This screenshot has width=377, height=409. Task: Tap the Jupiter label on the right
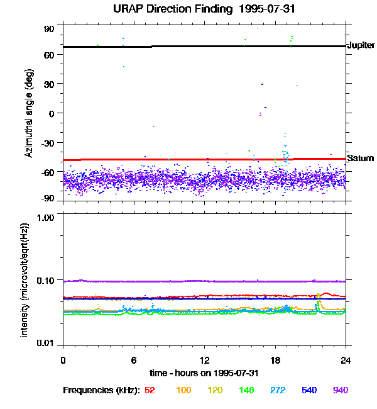(361, 45)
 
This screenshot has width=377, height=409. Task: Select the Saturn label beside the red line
(360, 158)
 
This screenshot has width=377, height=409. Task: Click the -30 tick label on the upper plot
(47, 142)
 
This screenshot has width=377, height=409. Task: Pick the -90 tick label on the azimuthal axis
(47, 198)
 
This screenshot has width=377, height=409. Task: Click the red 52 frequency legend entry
(150, 390)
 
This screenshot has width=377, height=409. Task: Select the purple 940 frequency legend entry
(340, 390)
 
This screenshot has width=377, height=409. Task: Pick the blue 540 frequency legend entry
(309, 390)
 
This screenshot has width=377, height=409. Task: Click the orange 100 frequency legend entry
(183, 390)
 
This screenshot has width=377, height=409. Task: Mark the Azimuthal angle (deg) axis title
(29, 113)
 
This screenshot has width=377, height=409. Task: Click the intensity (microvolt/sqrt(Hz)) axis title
(25, 279)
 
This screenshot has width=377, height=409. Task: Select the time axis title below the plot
(204, 373)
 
